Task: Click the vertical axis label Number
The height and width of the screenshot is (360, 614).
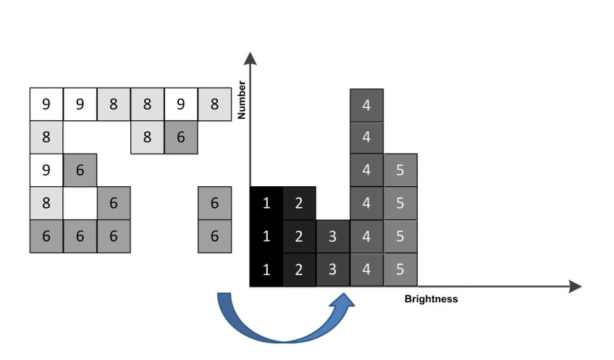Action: pos(243,99)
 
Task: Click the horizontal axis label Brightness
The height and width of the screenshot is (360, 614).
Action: pos(431,298)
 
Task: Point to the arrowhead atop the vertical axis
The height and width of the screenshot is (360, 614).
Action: pos(251,59)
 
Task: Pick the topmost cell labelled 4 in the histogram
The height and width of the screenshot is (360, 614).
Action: pos(366,105)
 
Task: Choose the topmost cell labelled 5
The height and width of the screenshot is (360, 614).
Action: pos(400,171)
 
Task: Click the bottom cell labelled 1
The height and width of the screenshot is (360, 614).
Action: pos(266,270)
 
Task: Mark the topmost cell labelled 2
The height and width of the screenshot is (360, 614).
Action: pos(300,204)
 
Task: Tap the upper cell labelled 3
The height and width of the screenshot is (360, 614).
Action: pos(333,237)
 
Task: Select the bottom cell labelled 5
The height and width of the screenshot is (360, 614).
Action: pos(400,270)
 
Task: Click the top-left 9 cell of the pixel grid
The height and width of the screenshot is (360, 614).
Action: pos(46,104)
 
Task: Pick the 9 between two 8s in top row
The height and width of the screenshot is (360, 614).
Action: pos(180,104)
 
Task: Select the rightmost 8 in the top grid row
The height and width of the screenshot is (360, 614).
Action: pos(214,104)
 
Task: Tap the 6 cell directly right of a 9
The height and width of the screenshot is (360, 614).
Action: pos(80,171)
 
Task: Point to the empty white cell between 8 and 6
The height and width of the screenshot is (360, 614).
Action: pos(80,204)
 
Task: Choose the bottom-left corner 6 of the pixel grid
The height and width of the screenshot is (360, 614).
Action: pos(46,237)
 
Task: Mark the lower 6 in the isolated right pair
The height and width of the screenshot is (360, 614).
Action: pos(214,237)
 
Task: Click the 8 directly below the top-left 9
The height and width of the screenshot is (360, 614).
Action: pos(46,138)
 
